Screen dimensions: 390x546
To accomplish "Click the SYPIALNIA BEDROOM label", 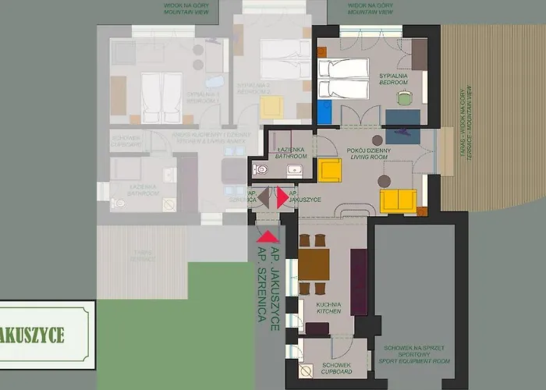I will (393, 78).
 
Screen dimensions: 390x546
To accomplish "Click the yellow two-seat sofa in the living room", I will (399, 200).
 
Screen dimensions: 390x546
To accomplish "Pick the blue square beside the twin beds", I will (324, 114).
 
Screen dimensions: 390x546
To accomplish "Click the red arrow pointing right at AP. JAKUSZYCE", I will (282, 198).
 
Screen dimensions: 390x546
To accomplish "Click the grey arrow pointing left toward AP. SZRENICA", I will (263, 198).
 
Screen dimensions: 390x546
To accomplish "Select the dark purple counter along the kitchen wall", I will (359, 282).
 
